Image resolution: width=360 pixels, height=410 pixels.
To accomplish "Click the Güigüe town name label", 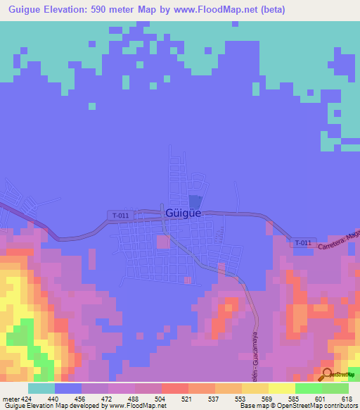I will (x=184, y=213).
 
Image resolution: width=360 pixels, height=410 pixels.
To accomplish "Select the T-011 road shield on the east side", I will (x=302, y=242).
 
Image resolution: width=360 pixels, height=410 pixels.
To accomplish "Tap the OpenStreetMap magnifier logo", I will (x=327, y=374).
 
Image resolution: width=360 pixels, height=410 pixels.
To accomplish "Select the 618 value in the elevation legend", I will (x=345, y=398).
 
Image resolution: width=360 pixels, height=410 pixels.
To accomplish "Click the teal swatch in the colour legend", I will (x=41, y=388).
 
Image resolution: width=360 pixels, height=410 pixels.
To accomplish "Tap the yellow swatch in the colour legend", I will (x=282, y=388).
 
